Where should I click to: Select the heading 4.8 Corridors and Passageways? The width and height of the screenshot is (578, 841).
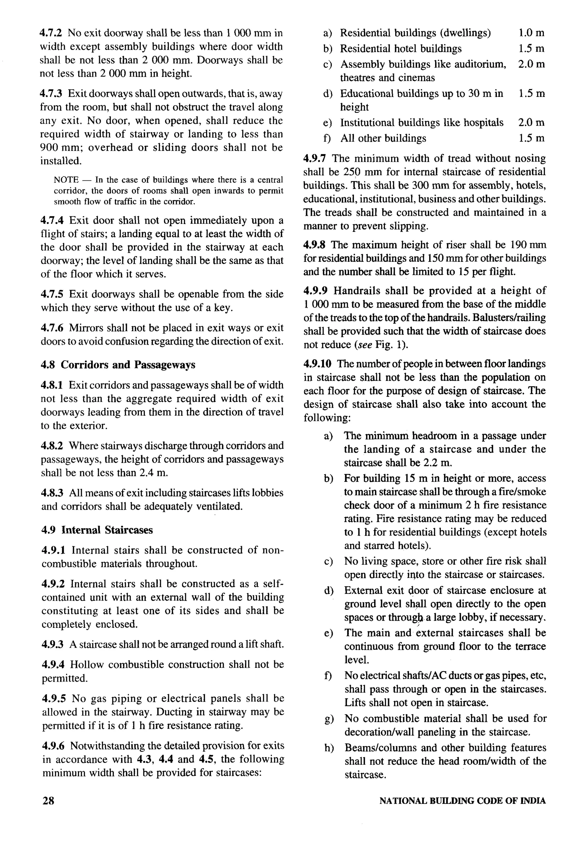click(118, 365)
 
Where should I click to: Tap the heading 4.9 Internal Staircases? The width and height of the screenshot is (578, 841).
click(97, 530)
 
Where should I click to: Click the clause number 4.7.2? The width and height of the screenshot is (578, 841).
click(51, 33)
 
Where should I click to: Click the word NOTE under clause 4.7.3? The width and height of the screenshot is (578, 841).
click(66, 180)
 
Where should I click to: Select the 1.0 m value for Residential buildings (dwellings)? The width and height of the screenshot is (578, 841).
click(531, 33)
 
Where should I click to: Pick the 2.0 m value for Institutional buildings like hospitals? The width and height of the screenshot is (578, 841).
click(531, 123)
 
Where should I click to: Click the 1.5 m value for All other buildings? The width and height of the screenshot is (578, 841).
click(531, 138)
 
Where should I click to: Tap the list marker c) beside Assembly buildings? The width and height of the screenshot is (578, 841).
click(327, 64)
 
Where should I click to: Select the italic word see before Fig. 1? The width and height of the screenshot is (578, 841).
click(364, 345)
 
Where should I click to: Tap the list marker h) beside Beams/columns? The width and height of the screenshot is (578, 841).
click(329, 748)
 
